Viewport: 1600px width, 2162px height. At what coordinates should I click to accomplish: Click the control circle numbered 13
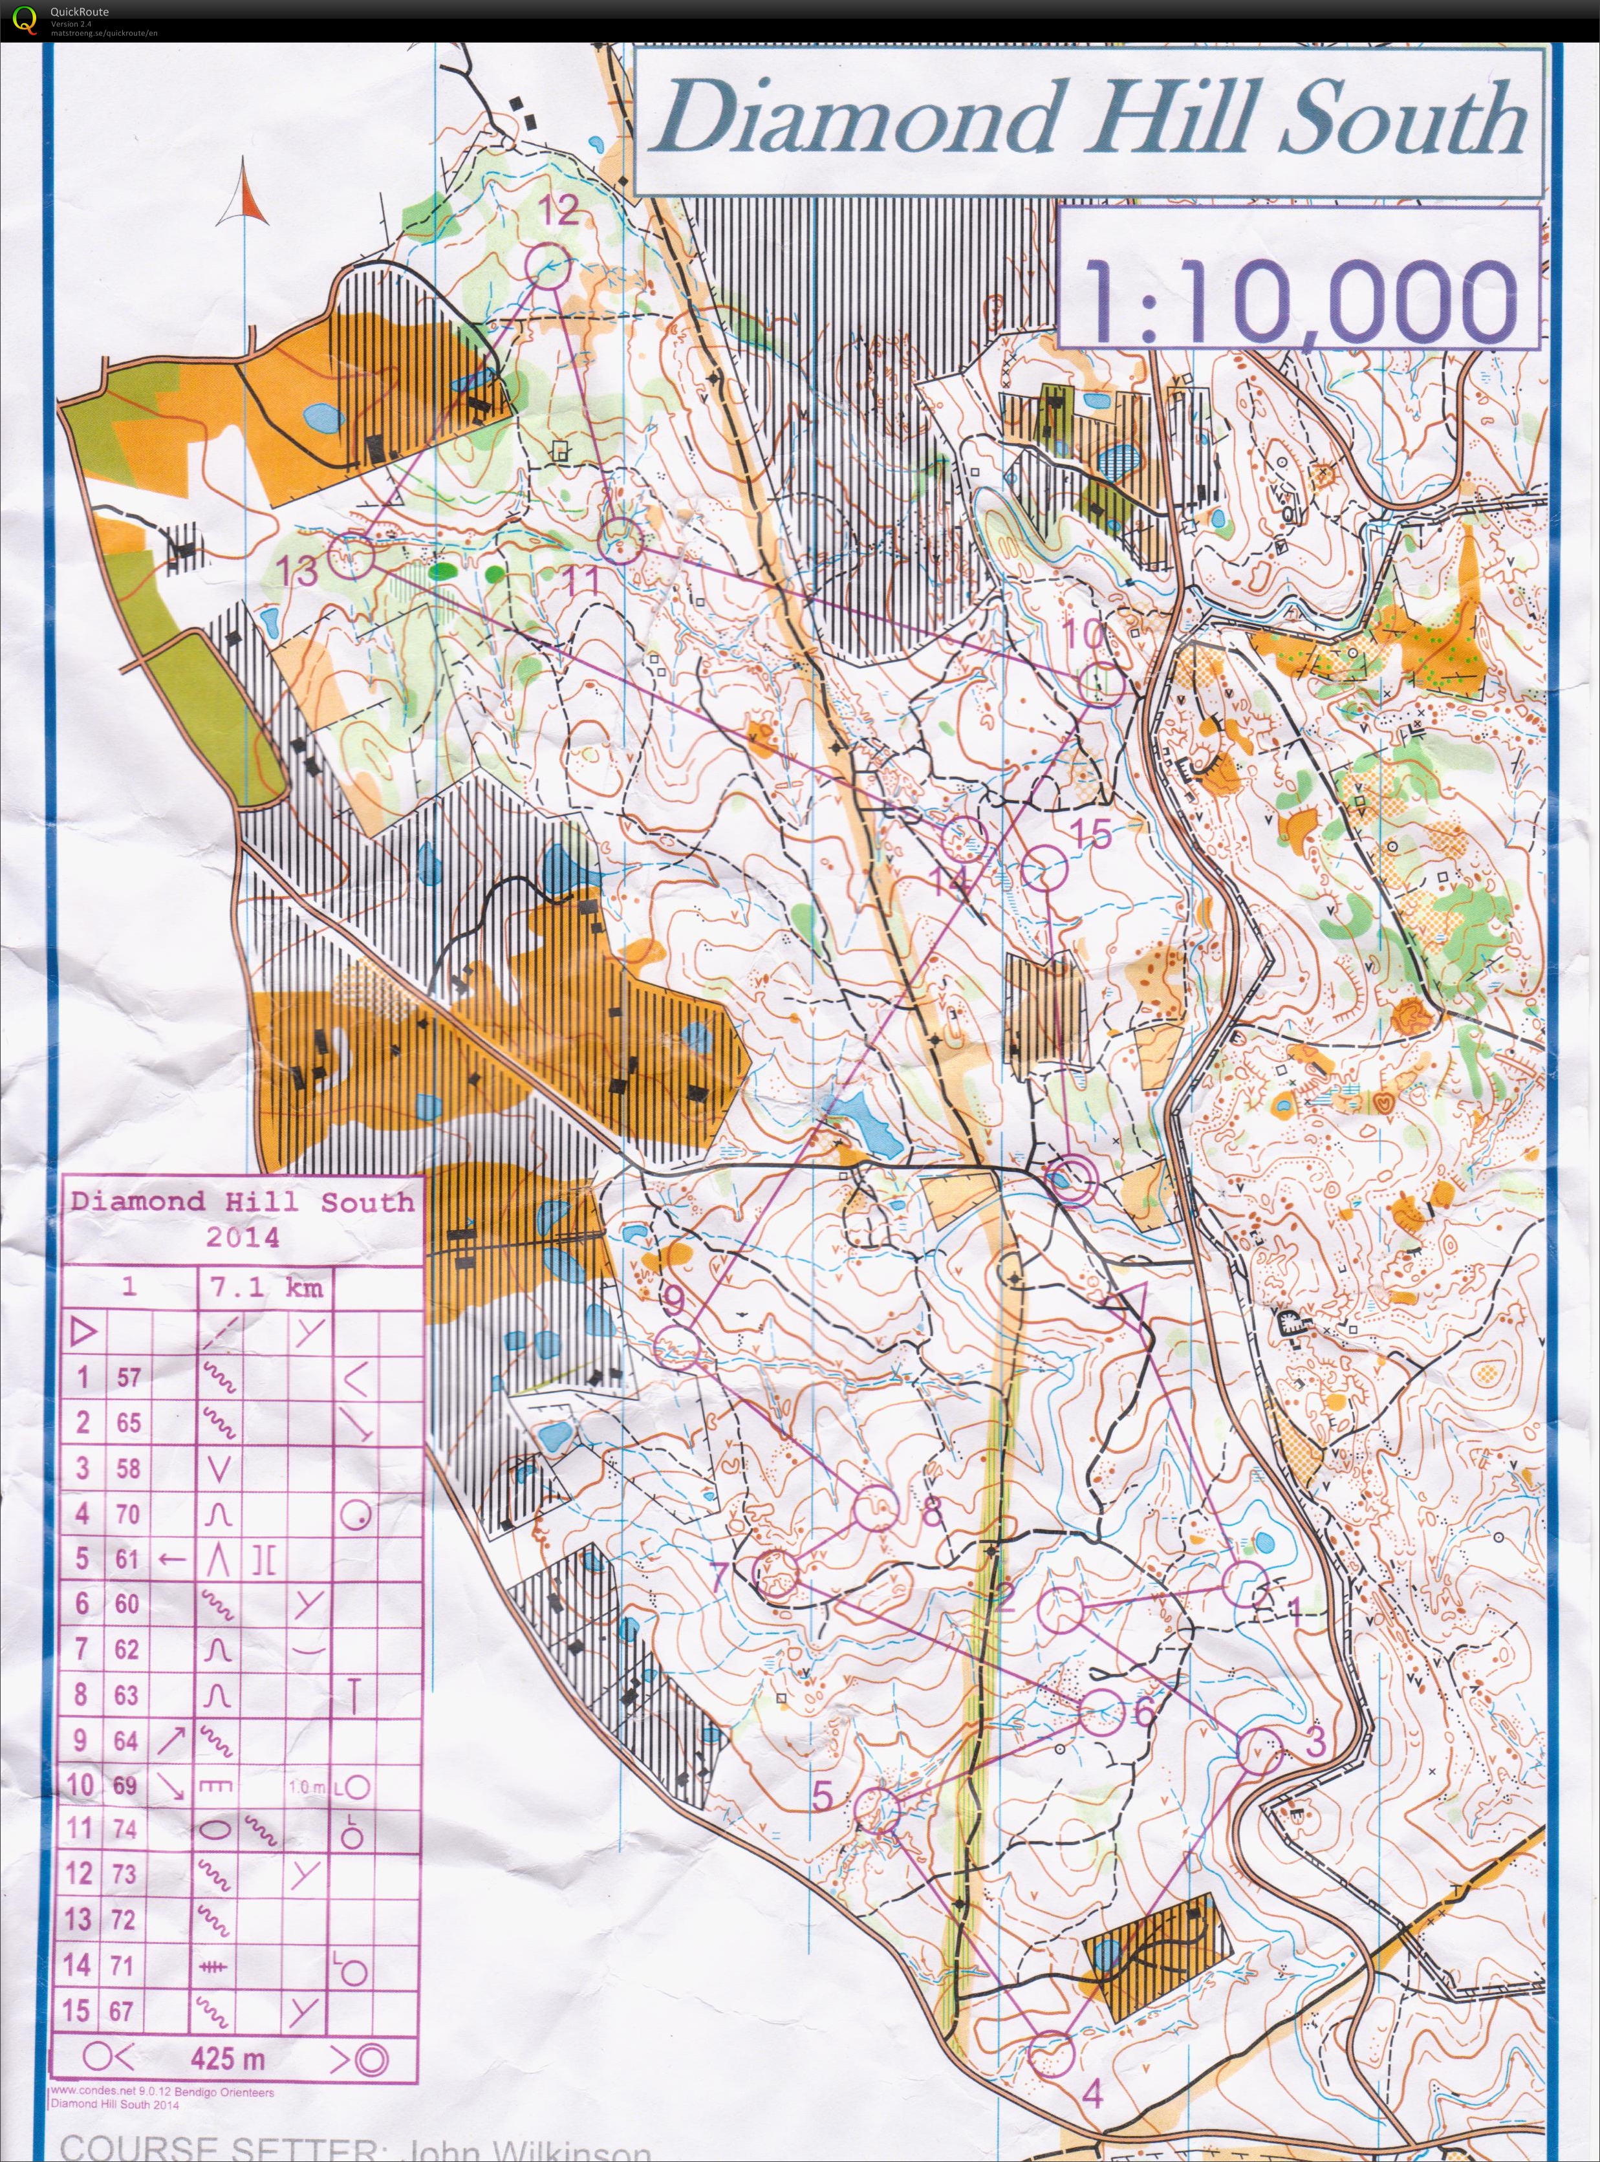(352, 556)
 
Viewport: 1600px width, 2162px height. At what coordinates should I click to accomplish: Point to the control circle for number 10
(1101, 684)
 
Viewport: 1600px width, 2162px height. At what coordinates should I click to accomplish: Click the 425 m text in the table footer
(228, 2059)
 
